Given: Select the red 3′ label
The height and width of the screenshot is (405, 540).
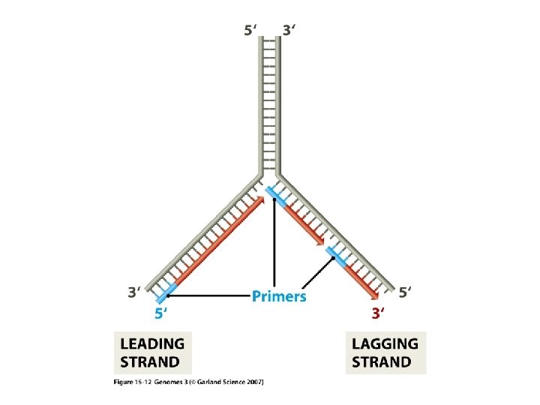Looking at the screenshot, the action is click(x=379, y=313).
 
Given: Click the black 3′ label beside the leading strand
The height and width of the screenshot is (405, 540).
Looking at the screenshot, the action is click(x=135, y=292).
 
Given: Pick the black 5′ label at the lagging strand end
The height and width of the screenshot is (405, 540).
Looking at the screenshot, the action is click(x=406, y=292).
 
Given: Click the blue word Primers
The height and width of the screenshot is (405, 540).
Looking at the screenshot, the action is click(x=278, y=296).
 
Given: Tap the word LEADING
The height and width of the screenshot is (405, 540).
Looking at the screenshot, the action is click(x=152, y=343).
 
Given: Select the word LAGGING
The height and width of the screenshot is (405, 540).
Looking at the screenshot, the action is click(x=385, y=343).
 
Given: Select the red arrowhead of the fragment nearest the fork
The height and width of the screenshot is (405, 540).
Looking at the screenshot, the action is click(x=321, y=241).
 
